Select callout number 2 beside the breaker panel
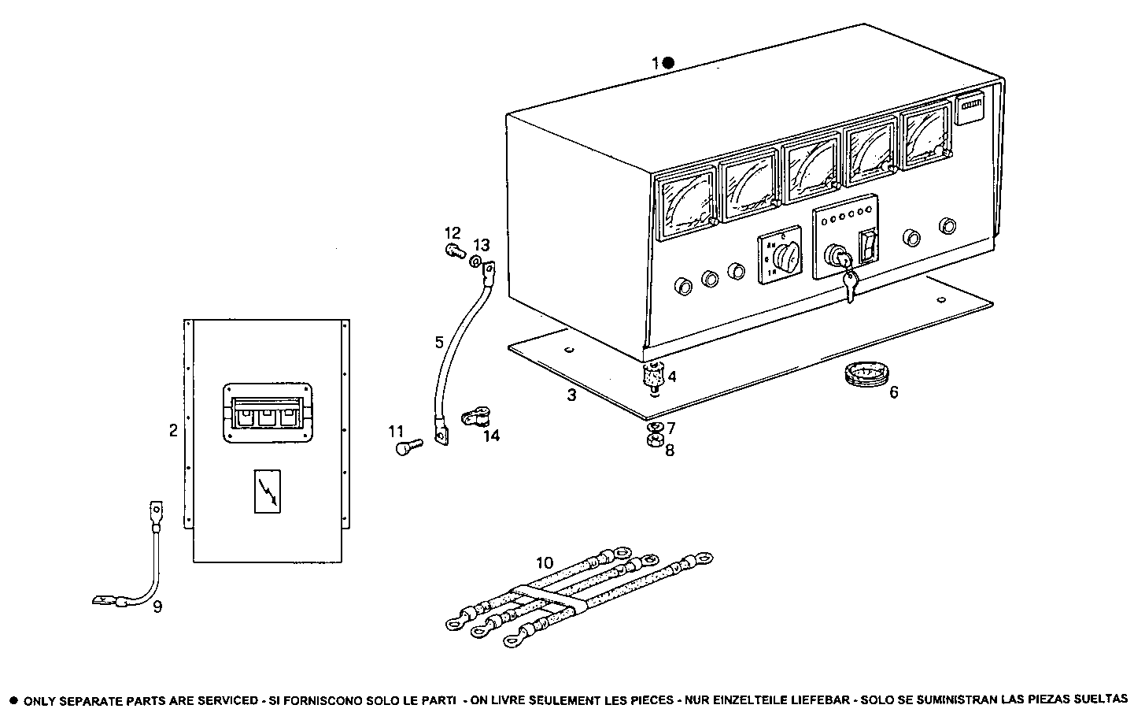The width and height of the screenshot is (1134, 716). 173,430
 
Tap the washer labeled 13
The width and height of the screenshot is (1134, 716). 476,261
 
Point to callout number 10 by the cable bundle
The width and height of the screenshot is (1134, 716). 545,563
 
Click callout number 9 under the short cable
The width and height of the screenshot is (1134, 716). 157,607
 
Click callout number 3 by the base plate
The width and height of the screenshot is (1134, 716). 572,395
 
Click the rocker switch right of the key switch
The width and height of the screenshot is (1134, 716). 867,246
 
